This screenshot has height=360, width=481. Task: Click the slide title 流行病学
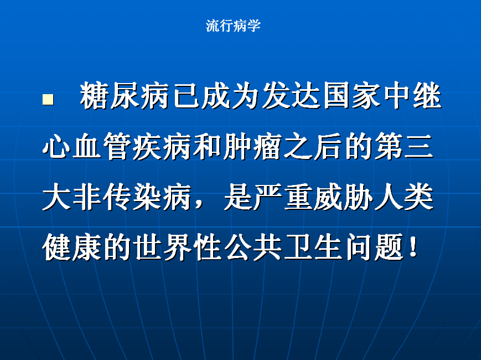pos(233,25)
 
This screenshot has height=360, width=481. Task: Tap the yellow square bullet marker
pos(48,99)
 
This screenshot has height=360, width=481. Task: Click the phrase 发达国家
pos(306,95)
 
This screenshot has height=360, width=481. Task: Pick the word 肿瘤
pos(252,146)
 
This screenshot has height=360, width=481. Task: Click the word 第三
pos(404,146)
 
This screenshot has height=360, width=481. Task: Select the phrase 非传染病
pos(132,197)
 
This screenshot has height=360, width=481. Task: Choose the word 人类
pos(404,197)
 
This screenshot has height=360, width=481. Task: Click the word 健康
pos(72,247)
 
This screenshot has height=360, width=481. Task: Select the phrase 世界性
pos(177,247)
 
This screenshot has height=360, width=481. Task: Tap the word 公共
pos(253,247)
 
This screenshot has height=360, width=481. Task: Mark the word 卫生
pos(313,247)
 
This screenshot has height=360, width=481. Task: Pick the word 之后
pos(313,146)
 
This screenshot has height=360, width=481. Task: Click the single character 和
pos(207,146)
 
